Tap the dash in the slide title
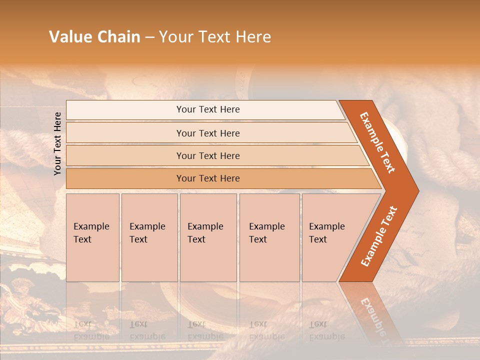pos(149,37)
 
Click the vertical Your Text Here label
pos(57,143)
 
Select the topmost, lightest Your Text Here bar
pos(208,109)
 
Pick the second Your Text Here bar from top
pos(208,133)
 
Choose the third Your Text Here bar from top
pos(208,155)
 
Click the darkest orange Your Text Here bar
pos(208,178)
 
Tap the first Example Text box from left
pos(92,237)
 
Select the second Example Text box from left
pos(149,237)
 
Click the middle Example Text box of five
pos(208,237)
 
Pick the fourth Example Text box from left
pos(269,237)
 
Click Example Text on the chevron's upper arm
pos(377,142)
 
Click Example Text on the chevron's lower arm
pos(379,236)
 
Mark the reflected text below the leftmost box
pos(91,330)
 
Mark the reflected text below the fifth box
pos(326,330)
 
